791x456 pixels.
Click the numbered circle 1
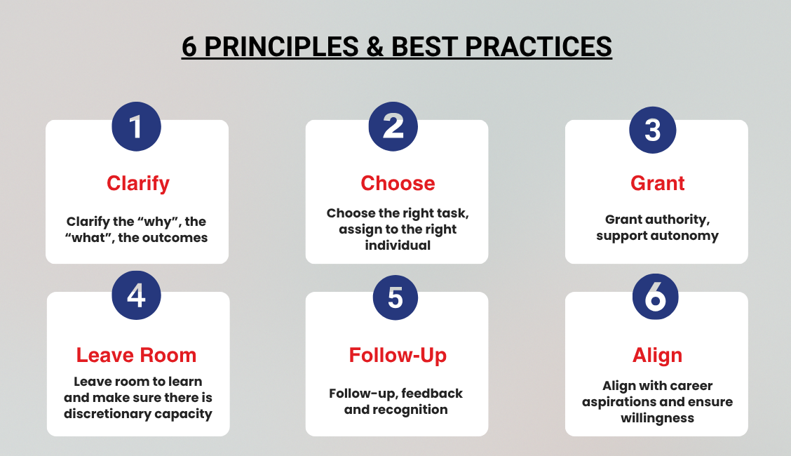pyautogui.click(x=136, y=126)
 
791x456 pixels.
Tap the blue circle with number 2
pyautogui.click(x=393, y=126)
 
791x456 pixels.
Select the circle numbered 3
pyautogui.click(x=653, y=130)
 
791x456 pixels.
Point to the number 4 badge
pyautogui.click(x=136, y=295)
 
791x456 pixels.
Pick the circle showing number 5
pyautogui.click(x=395, y=297)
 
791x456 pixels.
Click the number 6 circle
pyautogui.click(x=655, y=297)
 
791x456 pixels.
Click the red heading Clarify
pyautogui.click(x=137, y=184)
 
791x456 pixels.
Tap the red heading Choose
pyautogui.click(x=398, y=183)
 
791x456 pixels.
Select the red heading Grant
pyautogui.click(x=657, y=183)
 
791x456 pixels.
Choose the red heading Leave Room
pyautogui.click(x=136, y=355)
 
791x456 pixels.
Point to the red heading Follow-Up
pyautogui.click(x=398, y=356)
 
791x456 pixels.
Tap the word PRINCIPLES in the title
pyautogui.click(x=281, y=47)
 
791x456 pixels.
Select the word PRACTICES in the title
pyautogui.click(x=539, y=47)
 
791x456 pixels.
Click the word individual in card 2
pyautogui.click(x=398, y=245)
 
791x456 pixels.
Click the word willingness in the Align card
pyautogui.click(x=657, y=418)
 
